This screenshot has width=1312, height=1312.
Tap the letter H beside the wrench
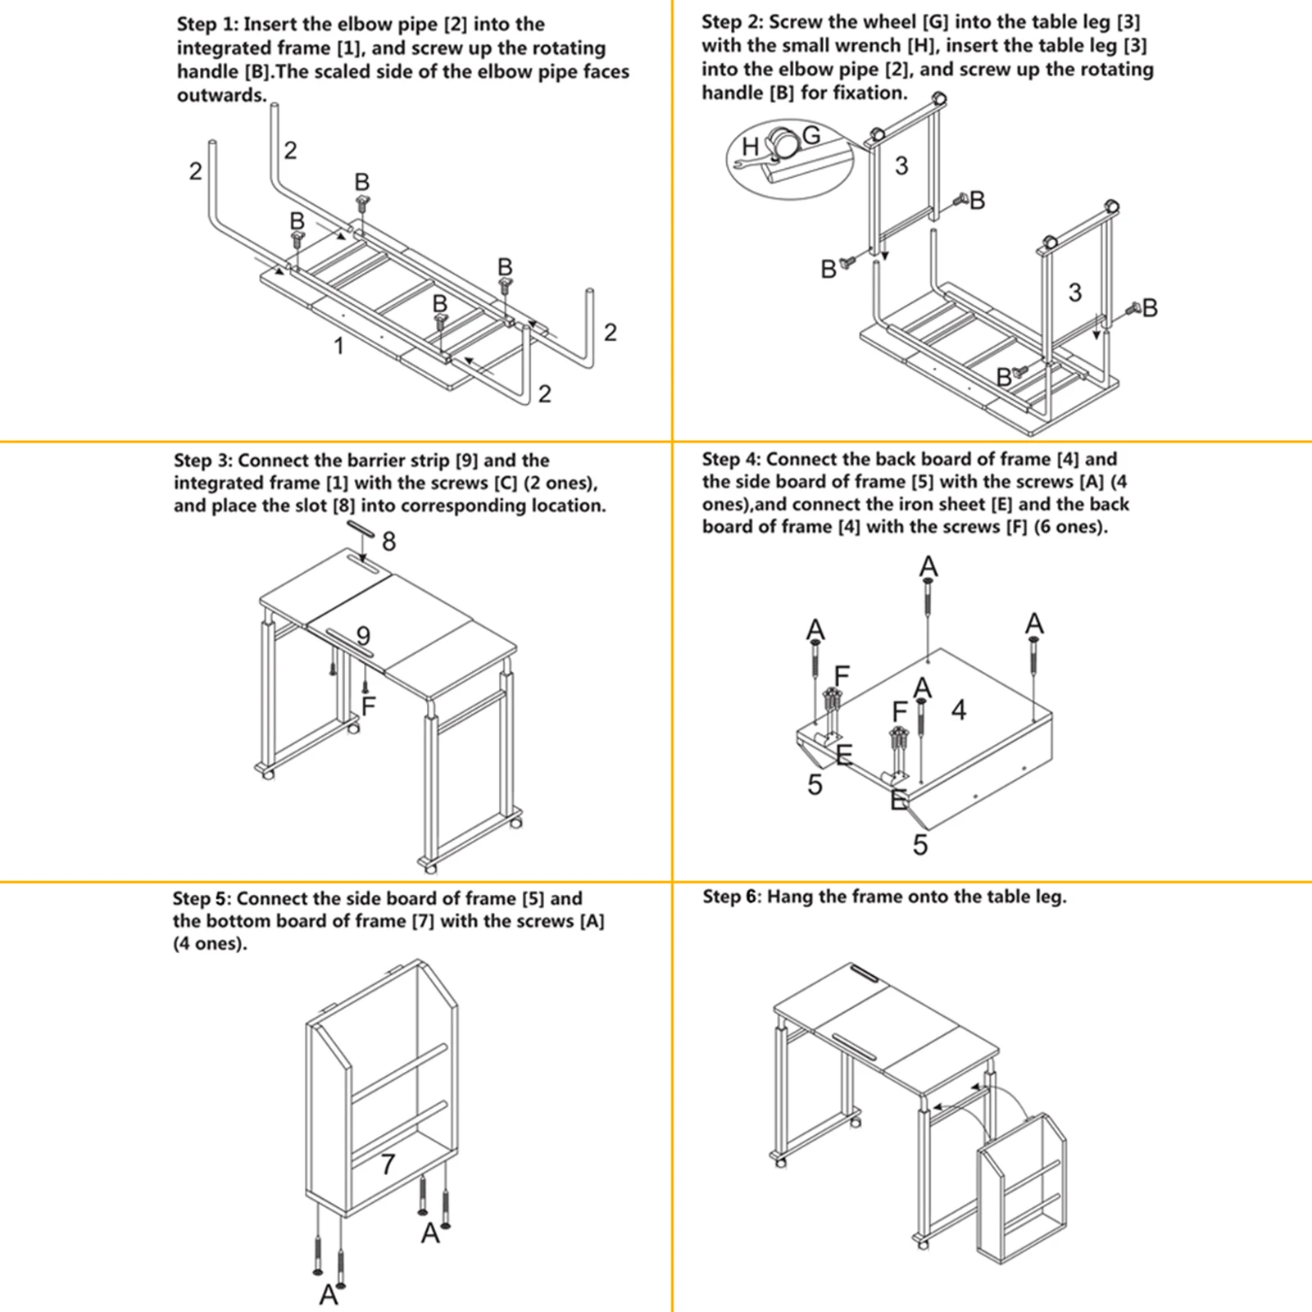click(750, 147)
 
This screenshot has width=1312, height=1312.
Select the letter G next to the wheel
click(811, 135)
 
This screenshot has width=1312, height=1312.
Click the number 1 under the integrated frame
click(339, 347)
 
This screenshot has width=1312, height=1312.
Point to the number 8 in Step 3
click(388, 542)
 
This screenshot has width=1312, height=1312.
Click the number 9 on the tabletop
click(363, 635)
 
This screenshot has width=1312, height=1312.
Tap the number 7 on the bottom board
click(388, 1164)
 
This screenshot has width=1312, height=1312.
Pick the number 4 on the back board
click(959, 710)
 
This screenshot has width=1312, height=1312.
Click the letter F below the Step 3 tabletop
click(368, 705)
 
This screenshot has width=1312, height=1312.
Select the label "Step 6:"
click(731, 897)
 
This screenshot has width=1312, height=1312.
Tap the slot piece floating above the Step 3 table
click(361, 528)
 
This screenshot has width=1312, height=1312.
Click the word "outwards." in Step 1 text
click(222, 95)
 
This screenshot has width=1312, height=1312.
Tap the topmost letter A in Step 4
click(928, 566)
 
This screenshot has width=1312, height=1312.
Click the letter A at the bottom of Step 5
click(329, 1295)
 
